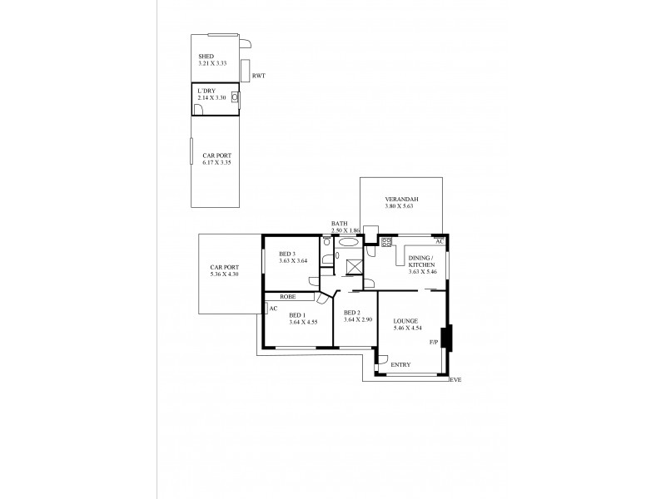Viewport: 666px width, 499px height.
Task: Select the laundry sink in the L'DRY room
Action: tap(235, 97)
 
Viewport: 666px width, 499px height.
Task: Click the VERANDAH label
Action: tap(400, 200)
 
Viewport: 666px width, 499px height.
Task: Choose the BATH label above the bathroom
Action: tap(339, 223)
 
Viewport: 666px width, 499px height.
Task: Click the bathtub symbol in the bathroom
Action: tap(348, 243)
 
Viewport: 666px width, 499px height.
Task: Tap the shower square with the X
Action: tap(353, 266)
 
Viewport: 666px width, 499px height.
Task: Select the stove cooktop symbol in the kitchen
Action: tap(386, 242)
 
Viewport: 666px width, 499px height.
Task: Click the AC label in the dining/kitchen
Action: tap(440, 241)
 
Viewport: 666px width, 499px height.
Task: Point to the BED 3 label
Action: tap(286, 254)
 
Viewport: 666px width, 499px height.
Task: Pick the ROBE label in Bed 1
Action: tap(288, 296)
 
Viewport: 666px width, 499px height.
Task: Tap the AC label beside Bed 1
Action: tap(272, 308)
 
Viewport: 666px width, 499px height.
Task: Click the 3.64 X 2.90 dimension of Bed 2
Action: tap(358, 320)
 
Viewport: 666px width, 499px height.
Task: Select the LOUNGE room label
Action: tap(406, 320)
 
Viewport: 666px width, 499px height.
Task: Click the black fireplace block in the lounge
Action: tap(445, 337)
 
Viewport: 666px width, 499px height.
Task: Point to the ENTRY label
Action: tap(400, 365)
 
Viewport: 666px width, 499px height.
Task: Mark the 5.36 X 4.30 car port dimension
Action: tap(224, 274)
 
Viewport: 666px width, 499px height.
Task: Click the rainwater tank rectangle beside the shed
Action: tap(246, 70)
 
